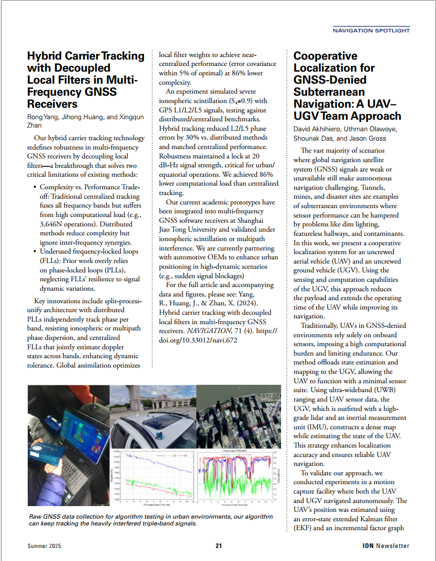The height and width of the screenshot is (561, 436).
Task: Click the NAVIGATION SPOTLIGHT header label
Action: [371, 31]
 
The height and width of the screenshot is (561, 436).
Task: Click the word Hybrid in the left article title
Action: [46, 56]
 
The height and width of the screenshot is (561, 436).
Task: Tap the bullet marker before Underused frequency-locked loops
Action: [35, 251]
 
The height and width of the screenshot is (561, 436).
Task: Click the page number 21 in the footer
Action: [218, 546]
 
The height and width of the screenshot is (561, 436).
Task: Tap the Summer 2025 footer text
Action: [44, 546]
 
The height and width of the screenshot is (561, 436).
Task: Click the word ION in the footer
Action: [367, 546]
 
